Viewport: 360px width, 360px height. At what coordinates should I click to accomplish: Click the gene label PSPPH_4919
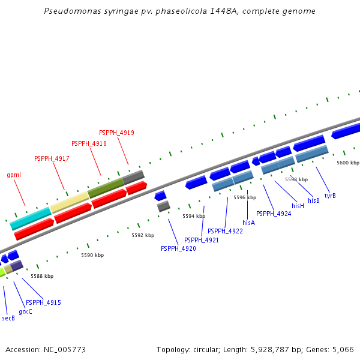(x=116, y=133)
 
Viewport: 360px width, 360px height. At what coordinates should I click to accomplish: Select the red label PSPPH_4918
(x=89, y=143)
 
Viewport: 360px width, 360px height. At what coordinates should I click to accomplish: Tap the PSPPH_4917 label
(x=52, y=158)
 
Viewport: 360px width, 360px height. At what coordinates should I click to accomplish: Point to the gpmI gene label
(x=14, y=175)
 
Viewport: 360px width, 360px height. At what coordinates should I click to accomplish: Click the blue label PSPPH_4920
(x=178, y=248)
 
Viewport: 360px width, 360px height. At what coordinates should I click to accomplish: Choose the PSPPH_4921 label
(x=202, y=240)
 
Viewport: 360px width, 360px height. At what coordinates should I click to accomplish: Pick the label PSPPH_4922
(x=225, y=231)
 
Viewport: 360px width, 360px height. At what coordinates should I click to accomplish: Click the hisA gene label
(x=248, y=223)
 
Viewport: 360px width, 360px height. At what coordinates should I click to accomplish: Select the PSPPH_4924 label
(x=274, y=214)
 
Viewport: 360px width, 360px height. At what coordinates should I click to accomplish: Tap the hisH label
(x=298, y=206)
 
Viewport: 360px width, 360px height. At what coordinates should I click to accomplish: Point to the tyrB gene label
(x=330, y=196)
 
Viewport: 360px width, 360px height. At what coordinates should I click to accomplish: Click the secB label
(x=8, y=318)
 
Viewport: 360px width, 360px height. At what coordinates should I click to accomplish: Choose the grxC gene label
(x=25, y=311)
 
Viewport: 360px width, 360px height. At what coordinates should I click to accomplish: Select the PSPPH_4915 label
(x=43, y=302)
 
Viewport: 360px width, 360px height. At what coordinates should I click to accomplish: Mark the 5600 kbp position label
(x=347, y=163)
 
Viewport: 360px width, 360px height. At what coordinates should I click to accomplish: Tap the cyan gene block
(x=30, y=218)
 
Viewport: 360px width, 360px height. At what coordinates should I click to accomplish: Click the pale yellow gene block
(x=69, y=202)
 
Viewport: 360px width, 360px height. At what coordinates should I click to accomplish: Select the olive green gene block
(x=105, y=188)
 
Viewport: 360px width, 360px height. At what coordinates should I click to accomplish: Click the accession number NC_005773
(x=46, y=349)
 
